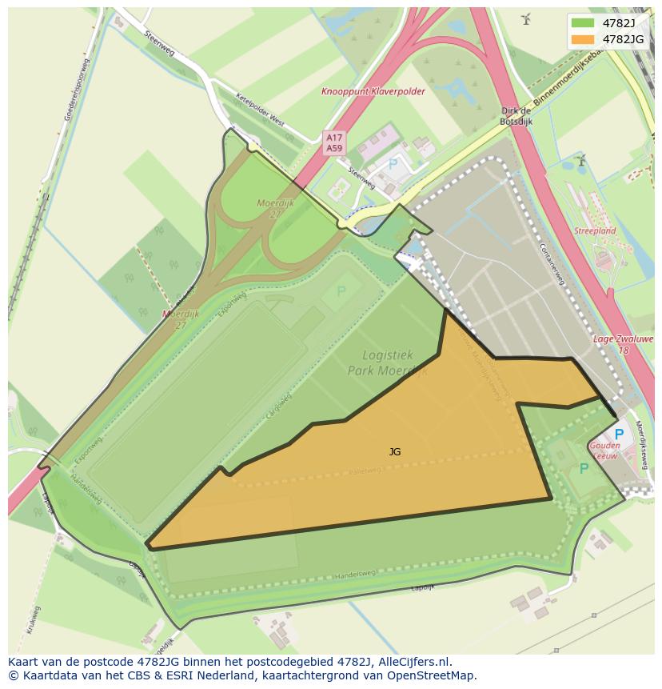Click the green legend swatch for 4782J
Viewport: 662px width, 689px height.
pyautogui.click(x=583, y=22)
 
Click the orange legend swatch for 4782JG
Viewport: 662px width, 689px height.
pyautogui.click(x=583, y=38)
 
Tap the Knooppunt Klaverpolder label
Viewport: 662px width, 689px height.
pyautogui.click(x=373, y=92)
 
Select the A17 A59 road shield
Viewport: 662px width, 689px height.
pyautogui.click(x=334, y=142)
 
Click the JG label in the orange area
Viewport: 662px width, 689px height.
pyautogui.click(x=395, y=452)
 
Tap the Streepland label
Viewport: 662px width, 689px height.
pyautogui.click(x=595, y=230)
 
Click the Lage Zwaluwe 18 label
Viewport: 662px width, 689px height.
pyautogui.click(x=623, y=344)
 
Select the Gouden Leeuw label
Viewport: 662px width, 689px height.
pyautogui.click(x=604, y=450)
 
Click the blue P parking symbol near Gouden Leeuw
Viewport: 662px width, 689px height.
pyautogui.click(x=619, y=435)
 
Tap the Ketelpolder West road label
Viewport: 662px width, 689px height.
pyautogui.click(x=260, y=109)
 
